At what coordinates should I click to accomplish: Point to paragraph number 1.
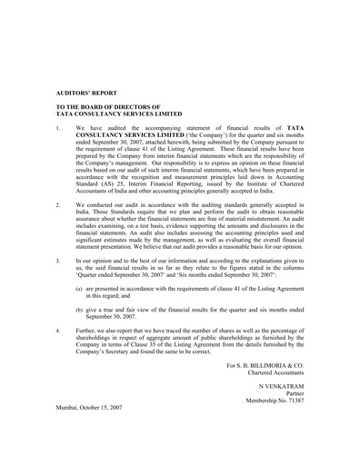tap(58, 128)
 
